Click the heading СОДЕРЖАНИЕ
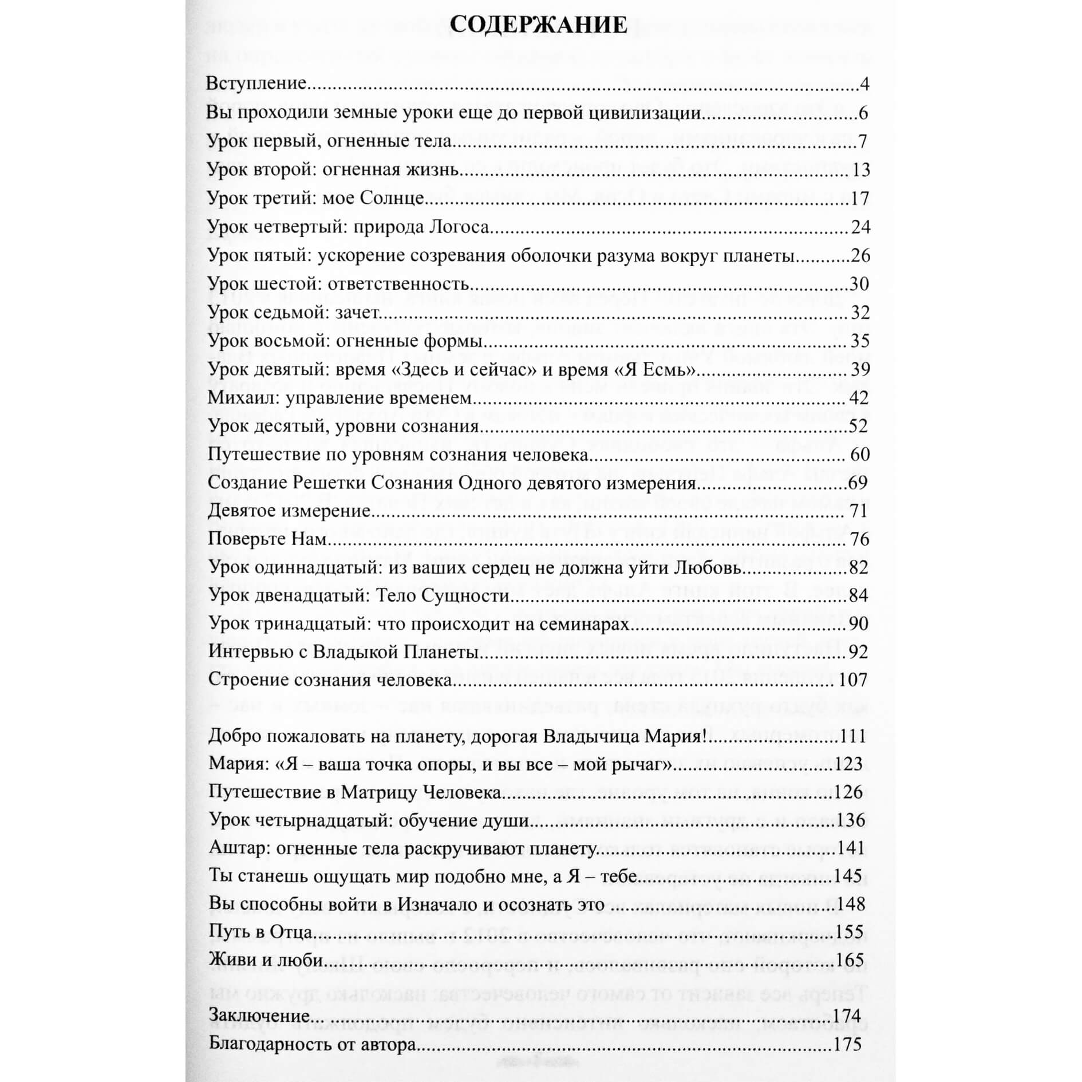pos(539,26)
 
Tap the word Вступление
pos(256,84)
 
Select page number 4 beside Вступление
pos(864,84)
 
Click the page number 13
pos(860,170)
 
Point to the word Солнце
pos(392,199)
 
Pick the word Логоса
pos(459,227)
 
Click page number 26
pos(860,255)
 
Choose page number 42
pos(860,398)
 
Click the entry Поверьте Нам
pos(267,539)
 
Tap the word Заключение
pos(259,1016)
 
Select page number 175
pos(848,1044)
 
